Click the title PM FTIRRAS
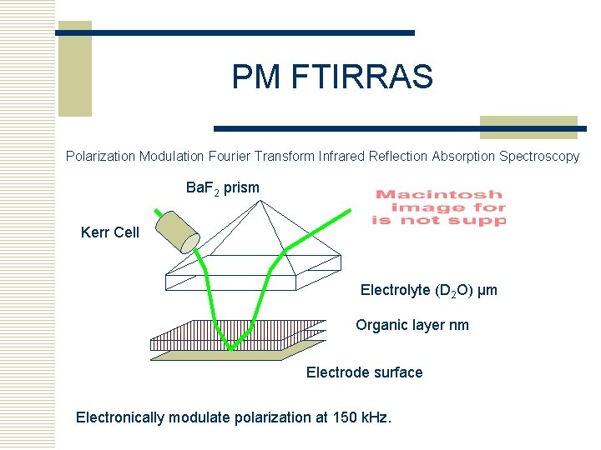332,77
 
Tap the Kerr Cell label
110,232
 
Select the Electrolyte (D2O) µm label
428,290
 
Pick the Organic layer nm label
412,325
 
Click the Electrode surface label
364,372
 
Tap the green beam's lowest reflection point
232,347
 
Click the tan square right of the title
528,127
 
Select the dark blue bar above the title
236,32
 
